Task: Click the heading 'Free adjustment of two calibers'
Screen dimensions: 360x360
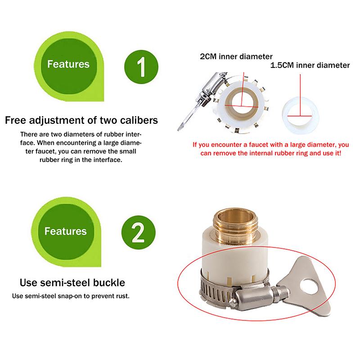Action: [81, 121]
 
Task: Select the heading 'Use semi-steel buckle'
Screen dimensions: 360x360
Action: [72, 283]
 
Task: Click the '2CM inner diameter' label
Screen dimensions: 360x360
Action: [236, 57]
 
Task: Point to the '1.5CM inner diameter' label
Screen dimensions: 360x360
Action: [310, 65]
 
